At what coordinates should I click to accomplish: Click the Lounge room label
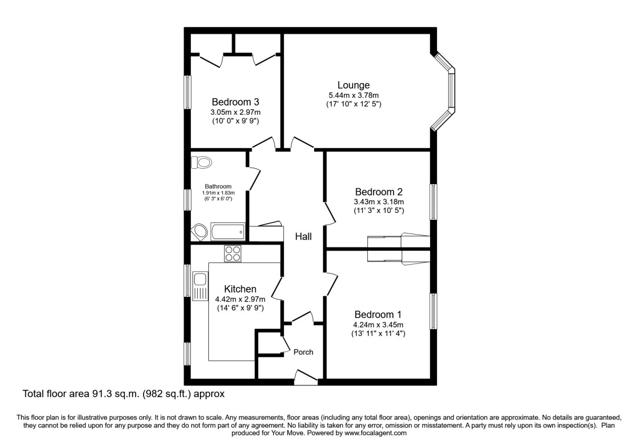(x=354, y=85)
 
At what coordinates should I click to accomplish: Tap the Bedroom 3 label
(x=236, y=102)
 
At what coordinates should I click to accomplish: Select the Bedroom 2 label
(x=379, y=192)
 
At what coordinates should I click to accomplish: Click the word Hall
(x=304, y=237)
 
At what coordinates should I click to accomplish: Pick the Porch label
(x=304, y=352)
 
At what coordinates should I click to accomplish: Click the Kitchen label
(x=240, y=289)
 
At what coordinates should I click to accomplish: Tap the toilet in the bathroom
(x=201, y=162)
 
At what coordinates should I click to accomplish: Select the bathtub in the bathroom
(x=228, y=231)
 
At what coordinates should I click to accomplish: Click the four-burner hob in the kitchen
(x=233, y=254)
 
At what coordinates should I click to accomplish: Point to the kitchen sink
(x=200, y=286)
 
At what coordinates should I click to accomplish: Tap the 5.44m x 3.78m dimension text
(x=354, y=95)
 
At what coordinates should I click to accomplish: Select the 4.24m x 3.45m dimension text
(x=377, y=325)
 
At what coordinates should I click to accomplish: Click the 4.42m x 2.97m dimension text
(x=240, y=299)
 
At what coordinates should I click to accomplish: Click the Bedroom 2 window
(x=433, y=202)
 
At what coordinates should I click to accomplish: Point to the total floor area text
(x=124, y=394)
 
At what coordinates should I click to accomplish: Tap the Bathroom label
(x=219, y=186)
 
